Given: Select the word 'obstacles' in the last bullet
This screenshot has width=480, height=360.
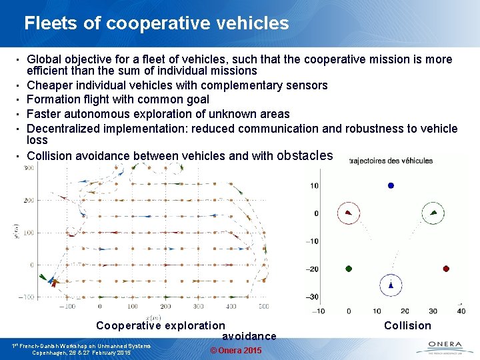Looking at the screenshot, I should point(304,155).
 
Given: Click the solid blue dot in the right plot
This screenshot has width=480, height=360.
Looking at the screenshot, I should point(391,185).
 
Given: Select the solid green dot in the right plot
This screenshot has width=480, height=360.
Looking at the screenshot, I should point(349,269).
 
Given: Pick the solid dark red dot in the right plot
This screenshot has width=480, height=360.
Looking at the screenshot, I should point(446,269).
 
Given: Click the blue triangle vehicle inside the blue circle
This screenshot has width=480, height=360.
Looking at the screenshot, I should point(391,285).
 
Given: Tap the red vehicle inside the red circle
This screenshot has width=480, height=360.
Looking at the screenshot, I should point(348,213).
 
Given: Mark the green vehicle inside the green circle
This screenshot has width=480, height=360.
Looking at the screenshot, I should point(433,213).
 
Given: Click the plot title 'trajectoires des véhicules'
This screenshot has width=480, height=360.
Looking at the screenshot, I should point(391,161).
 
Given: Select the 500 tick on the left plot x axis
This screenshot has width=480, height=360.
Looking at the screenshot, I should point(263,307).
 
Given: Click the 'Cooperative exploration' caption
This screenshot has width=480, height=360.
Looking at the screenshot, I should point(161,325).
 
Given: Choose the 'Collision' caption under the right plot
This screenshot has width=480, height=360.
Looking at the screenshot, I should point(407,325).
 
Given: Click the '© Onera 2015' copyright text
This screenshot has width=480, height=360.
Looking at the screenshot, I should point(235,351).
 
